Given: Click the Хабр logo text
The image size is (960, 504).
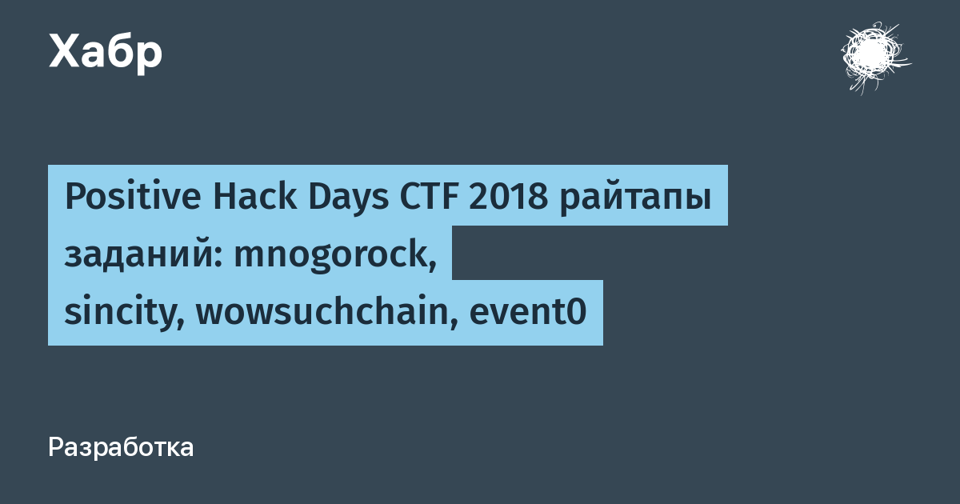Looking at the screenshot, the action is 106,53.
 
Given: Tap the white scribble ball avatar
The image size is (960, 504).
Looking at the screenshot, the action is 875,58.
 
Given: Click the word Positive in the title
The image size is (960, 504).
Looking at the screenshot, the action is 133,197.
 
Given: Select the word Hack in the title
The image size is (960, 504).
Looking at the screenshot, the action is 254,197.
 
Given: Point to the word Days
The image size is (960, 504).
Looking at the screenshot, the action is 349,199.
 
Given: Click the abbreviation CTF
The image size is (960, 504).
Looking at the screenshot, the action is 429,197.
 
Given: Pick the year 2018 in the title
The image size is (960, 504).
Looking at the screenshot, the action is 508,197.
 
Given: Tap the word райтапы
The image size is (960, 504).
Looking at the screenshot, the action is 635,199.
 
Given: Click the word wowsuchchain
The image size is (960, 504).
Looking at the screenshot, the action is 322,310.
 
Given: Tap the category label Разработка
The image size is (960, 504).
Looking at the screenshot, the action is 121,447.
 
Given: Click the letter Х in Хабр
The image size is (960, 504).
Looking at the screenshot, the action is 65,51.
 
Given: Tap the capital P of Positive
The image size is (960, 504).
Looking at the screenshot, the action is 74,197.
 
